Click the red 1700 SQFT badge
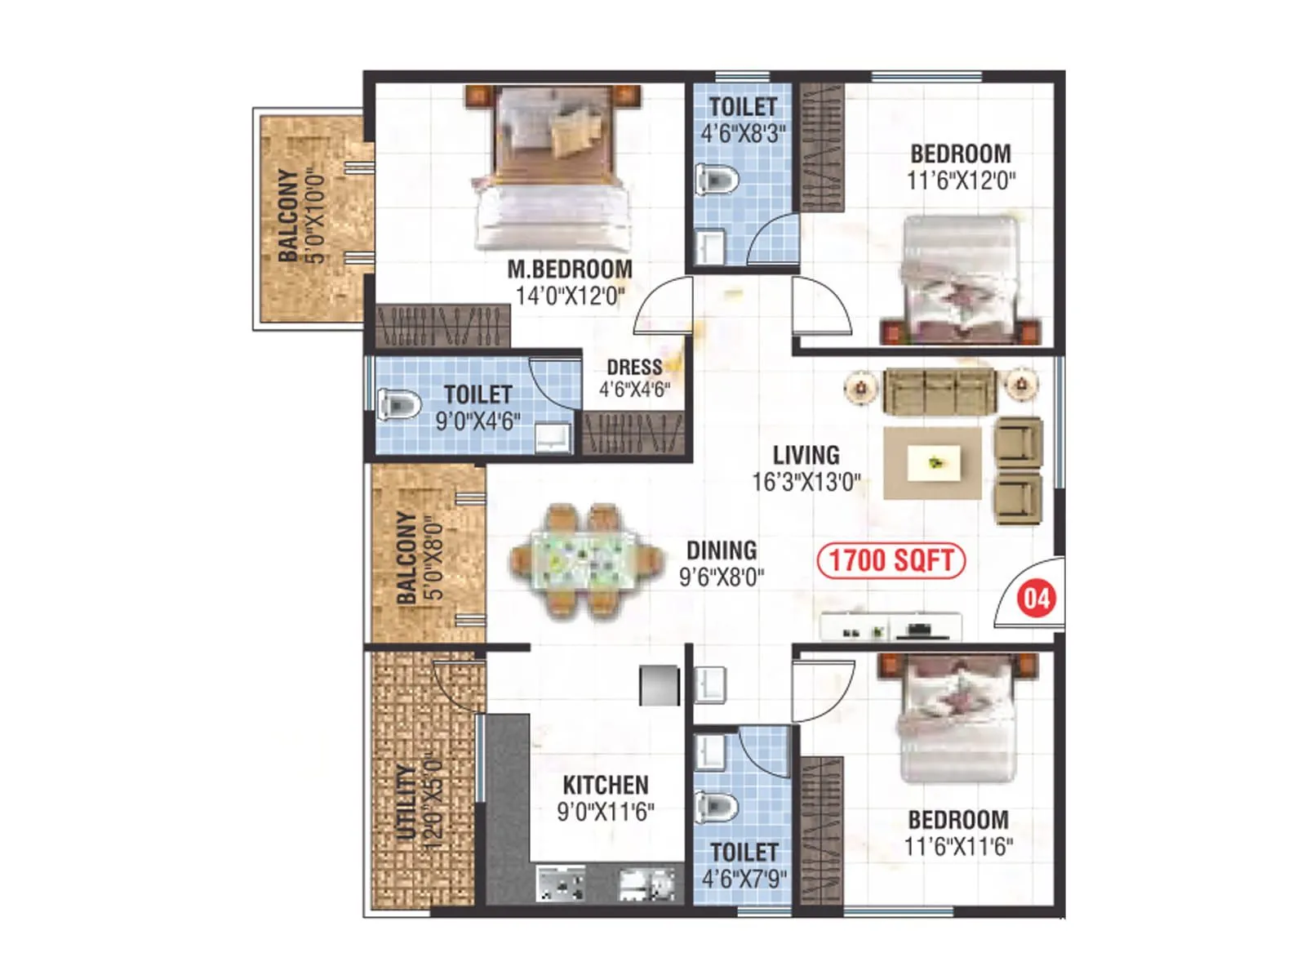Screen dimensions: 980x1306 coord(891,561)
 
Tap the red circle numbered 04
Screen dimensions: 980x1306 coord(1037,599)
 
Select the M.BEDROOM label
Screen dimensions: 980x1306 coord(570,269)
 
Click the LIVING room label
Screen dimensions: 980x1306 coord(806,455)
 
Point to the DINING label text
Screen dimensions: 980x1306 coord(722,550)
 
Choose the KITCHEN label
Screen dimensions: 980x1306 coord(606,786)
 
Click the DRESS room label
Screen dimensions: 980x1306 coord(634,367)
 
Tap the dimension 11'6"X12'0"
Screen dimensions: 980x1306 coord(961,180)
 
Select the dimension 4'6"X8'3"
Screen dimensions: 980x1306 coord(743,133)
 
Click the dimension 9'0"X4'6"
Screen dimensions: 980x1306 coord(478,421)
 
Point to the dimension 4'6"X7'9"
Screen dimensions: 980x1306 coord(744,879)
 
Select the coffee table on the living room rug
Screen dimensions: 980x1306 coord(934,464)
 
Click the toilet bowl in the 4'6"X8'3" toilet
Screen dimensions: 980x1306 coord(716,179)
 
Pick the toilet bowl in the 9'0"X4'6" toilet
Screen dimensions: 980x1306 coord(399,403)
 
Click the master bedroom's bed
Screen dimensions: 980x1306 coord(553,171)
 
